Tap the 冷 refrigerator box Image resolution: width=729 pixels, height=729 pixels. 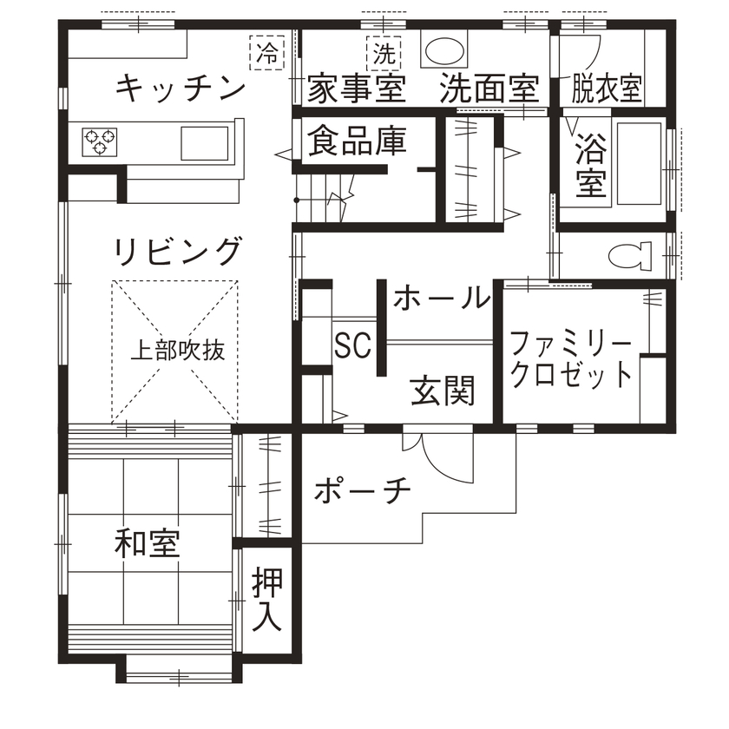tap(266, 52)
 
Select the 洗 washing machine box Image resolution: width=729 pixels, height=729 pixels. tap(384, 53)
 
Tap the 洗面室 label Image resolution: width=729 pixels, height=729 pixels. tap(489, 89)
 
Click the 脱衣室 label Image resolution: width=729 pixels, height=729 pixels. tap(606, 89)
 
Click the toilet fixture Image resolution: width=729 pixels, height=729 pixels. tap(629, 256)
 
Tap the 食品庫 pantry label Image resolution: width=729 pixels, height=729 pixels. tap(357, 141)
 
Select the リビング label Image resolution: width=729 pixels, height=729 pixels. tap(176, 251)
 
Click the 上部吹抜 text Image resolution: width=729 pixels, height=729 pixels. tap(176, 351)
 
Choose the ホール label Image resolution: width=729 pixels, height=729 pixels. tap(441, 298)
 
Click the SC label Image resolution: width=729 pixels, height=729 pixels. tap(352, 345)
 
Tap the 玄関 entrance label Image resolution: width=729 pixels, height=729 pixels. tap(443, 392)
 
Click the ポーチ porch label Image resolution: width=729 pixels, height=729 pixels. tap(361, 491)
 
